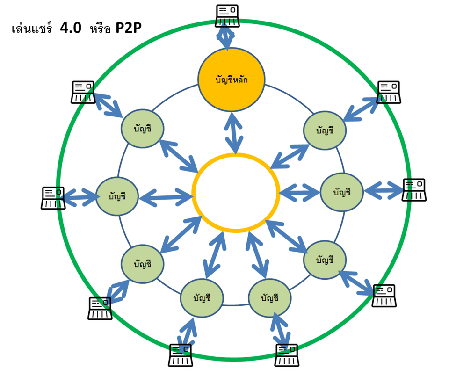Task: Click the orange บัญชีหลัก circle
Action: (232, 80)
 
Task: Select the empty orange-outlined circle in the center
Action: (236, 193)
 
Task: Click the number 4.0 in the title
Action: (70, 29)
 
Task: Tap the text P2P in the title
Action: (128, 29)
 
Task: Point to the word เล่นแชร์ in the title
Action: (32, 29)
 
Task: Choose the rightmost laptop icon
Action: (414, 190)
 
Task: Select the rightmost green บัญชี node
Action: (342, 192)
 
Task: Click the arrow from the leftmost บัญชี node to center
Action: (166, 195)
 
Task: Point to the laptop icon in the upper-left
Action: (83, 92)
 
